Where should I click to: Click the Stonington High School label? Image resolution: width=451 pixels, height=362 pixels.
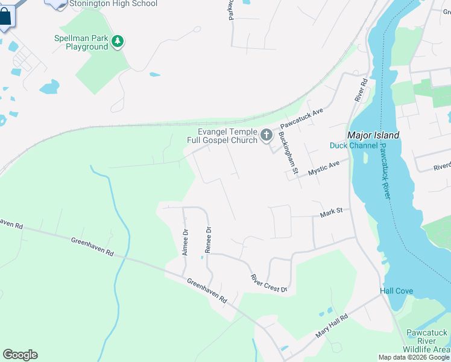[113, 4]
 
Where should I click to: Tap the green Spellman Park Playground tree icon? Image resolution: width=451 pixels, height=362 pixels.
[119, 42]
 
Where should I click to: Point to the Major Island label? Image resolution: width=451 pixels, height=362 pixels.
[373, 135]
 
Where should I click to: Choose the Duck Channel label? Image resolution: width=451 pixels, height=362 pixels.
[354, 145]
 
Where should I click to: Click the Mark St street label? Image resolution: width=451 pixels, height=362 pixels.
[331, 211]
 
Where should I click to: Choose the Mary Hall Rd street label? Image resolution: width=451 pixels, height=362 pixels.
[332, 326]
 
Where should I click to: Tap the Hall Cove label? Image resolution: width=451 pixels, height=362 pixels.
[396, 291]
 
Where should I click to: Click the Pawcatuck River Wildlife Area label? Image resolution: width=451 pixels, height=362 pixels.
[427, 341]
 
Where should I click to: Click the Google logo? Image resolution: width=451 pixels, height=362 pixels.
[20, 355]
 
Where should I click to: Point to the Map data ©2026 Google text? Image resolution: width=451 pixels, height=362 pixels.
[414, 357]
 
